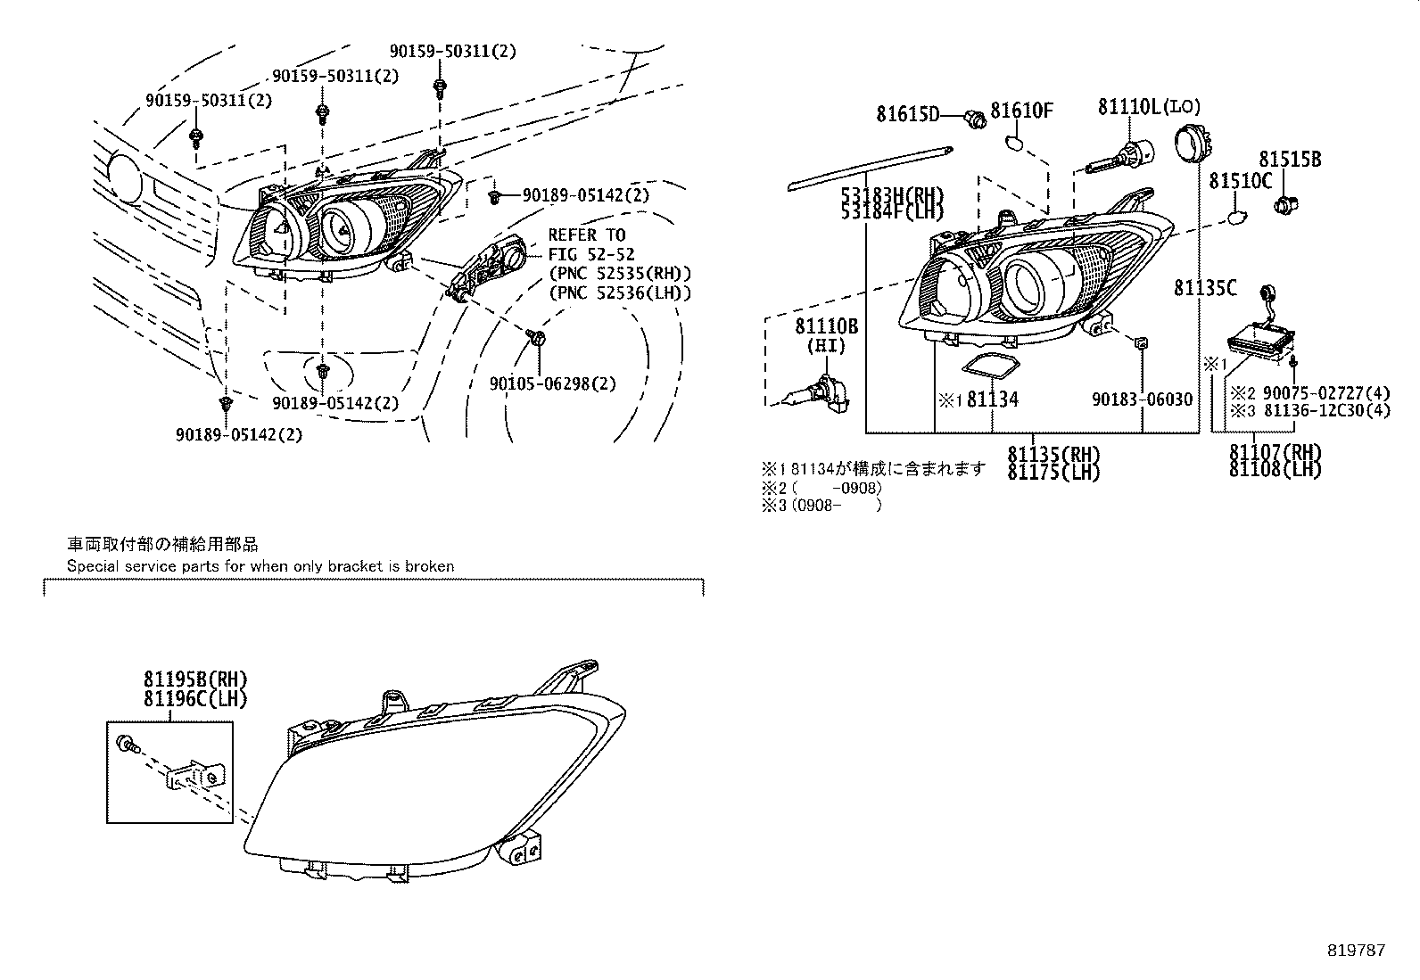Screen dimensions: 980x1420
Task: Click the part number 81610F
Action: click(1022, 111)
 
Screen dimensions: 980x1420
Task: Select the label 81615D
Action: click(907, 114)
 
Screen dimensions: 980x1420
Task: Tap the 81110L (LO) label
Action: click(1149, 107)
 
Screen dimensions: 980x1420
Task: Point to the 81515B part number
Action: click(1290, 160)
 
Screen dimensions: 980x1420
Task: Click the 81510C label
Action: click(1240, 182)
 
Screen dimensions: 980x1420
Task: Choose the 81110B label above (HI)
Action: click(826, 327)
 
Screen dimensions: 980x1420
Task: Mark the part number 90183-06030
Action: click(1142, 400)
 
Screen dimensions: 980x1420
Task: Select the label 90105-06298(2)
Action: click(552, 383)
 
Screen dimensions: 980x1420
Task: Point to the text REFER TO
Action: click(586, 235)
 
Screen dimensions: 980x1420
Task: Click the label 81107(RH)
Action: click(1275, 452)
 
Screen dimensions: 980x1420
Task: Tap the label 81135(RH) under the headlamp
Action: click(1053, 454)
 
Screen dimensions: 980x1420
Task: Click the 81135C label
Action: click(1205, 287)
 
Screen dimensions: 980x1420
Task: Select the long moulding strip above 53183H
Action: click(871, 169)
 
